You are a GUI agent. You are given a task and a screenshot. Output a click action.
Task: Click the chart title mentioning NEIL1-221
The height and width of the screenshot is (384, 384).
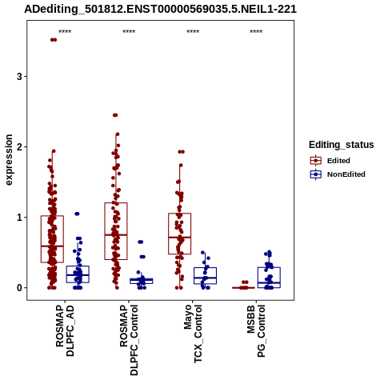coord(160,9)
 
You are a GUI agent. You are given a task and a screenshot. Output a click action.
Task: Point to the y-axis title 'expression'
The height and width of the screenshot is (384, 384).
coord(9,160)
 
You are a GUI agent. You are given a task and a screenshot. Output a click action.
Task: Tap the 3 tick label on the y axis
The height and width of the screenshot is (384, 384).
coord(19,77)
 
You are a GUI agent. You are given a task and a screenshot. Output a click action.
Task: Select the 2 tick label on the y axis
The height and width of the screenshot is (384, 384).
coord(19,147)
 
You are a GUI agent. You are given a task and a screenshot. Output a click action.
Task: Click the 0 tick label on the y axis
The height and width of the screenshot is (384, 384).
coord(19,288)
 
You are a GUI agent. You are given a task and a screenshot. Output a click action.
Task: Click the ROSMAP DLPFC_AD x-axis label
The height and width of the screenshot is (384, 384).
coord(65,330)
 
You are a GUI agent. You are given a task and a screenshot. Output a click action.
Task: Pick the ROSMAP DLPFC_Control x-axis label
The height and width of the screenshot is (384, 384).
coord(129,340)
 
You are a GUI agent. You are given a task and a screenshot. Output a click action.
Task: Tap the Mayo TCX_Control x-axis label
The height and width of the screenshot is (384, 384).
coord(193,334)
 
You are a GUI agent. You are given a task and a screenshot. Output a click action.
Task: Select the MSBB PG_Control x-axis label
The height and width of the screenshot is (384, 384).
coord(256,331)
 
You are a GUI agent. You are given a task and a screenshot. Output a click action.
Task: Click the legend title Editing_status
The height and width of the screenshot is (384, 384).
coord(342,145)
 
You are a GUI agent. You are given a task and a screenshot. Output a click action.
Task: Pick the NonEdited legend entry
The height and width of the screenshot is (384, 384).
coord(338,174)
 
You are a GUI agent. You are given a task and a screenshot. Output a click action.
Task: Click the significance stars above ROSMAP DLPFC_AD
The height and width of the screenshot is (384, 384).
coord(65,31)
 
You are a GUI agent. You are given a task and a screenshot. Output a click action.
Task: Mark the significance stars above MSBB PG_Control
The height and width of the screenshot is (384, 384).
coord(256,31)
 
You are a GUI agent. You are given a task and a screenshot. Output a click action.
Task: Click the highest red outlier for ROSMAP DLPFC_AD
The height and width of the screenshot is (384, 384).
coord(54,40)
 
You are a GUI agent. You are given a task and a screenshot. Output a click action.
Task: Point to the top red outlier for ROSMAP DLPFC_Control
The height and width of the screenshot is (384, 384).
coord(115,115)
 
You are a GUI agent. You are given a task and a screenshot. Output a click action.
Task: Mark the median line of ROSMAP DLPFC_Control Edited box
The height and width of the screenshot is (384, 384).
coord(116,235)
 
